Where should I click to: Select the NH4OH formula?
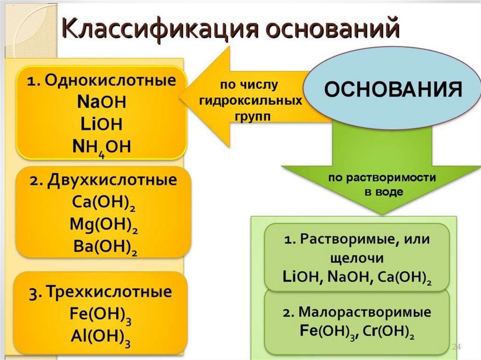tap(101, 146)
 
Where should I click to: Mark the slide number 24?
tap(456, 347)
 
